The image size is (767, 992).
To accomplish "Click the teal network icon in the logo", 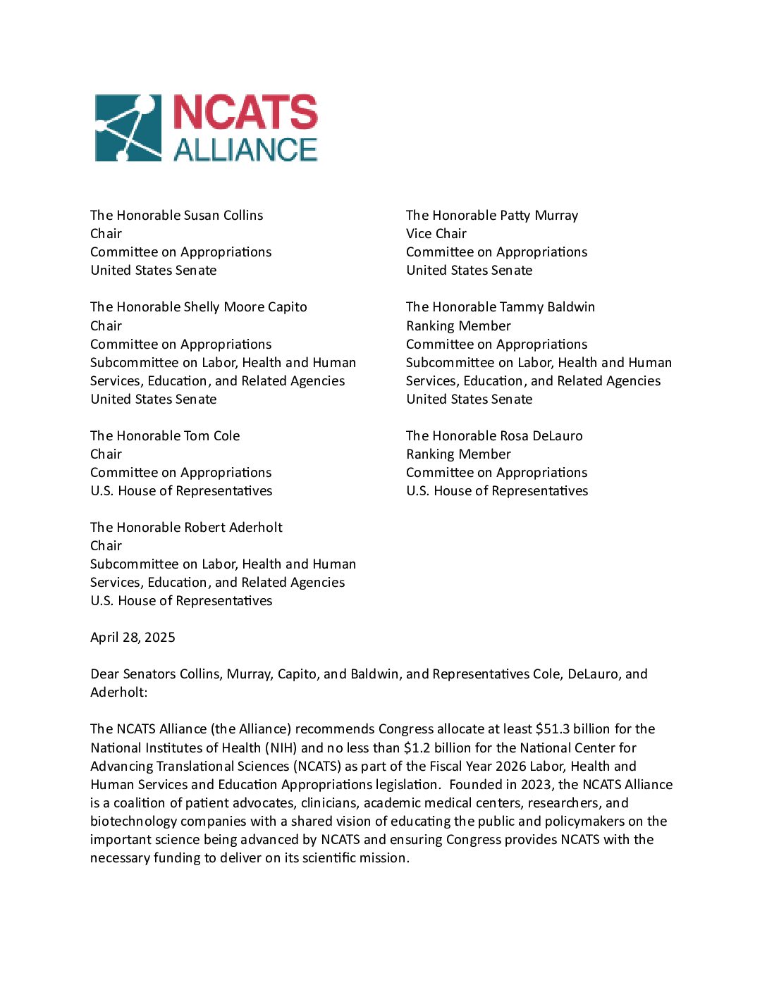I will point(128,128).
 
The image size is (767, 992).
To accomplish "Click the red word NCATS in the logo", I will point(245,113).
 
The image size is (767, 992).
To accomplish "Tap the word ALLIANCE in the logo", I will point(245,150).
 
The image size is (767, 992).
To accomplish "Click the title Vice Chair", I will point(436,233).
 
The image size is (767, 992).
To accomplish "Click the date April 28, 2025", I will point(133,637).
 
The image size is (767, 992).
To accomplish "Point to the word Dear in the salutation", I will point(104,674).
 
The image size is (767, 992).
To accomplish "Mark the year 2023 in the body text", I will point(536,784).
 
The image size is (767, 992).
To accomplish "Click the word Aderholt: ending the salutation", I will point(119,692).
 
